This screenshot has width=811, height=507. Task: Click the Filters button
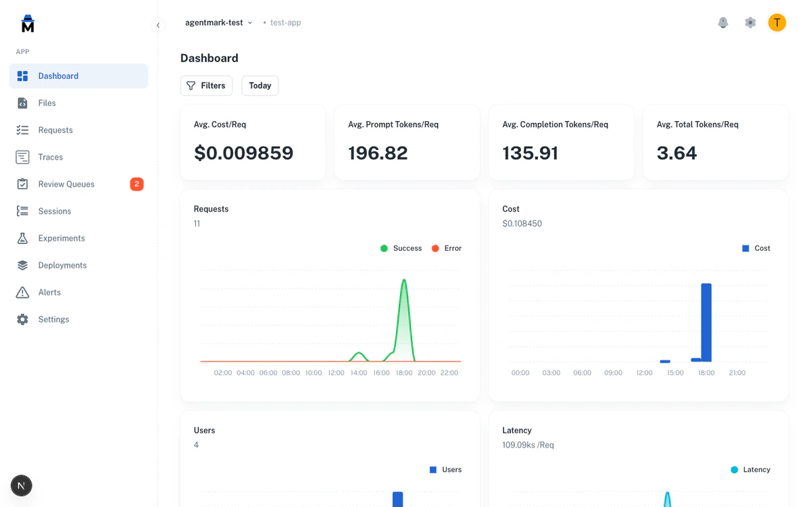tap(206, 86)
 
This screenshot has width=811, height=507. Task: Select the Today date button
tap(260, 86)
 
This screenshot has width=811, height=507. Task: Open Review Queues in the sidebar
tap(66, 184)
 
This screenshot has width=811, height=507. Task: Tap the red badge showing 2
tap(137, 184)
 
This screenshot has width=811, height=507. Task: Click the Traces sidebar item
tap(51, 157)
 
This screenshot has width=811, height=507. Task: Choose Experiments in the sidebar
tap(62, 238)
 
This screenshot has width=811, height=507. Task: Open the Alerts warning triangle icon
tap(22, 292)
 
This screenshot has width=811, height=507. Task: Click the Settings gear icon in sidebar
tap(22, 319)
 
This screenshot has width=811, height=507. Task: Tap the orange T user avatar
tap(777, 22)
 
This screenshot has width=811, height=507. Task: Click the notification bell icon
tap(723, 22)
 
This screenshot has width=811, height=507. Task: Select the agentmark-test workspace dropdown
tap(218, 22)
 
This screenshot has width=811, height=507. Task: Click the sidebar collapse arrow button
tap(158, 26)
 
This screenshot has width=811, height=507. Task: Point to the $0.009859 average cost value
tap(243, 153)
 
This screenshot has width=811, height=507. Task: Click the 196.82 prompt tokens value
tap(378, 153)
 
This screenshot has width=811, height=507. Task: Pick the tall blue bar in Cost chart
tap(706, 322)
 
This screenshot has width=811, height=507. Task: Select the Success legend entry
tap(401, 248)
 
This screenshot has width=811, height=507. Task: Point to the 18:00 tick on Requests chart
tap(404, 372)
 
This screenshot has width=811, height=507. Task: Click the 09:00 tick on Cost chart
tap(613, 372)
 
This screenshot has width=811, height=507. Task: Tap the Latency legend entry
tap(750, 470)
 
